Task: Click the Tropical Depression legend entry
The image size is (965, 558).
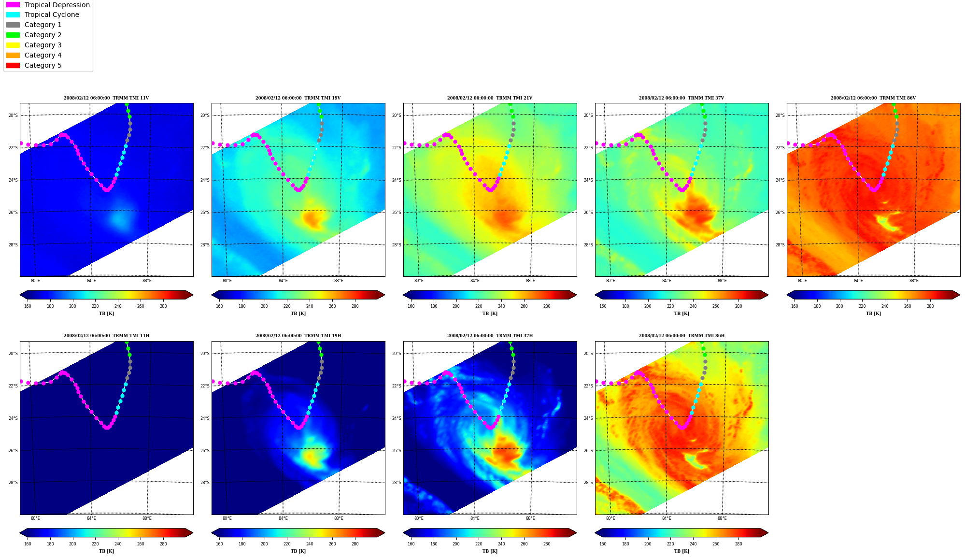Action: (x=48, y=5)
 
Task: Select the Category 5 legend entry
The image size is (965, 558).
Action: (x=34, y=65)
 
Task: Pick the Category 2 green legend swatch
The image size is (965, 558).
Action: (x=13, y=35)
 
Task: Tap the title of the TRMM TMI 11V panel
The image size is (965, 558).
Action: (x=106, y=98)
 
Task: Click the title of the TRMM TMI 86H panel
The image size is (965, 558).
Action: (x=681, y=336)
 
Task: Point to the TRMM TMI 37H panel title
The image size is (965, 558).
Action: (x=490, y=336)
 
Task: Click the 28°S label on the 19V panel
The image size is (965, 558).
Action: (x=205, y=245)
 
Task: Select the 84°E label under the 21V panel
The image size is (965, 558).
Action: (x=475, y=281)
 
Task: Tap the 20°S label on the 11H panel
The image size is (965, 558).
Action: (x=13, y=354)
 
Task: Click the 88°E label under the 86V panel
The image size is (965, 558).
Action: (x=914, y=281)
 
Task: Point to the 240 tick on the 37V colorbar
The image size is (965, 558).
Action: (x=693, y=306)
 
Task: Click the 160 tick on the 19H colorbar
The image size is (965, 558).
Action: (x=219, y=544)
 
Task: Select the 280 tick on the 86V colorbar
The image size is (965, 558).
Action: (x=930, y=306)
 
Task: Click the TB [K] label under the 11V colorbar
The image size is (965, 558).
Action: (x=106, y=314)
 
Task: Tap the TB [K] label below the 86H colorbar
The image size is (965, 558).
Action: (x=681, y=551)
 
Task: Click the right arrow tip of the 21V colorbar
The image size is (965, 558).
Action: (x=576, y=295)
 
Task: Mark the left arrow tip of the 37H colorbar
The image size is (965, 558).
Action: (x=404, y=533)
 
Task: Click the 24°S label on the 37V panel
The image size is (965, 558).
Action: (x=588, y=180)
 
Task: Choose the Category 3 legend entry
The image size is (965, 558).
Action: (x=34, y=45)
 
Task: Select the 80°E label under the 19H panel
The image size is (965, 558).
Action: (x=227, y=518)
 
